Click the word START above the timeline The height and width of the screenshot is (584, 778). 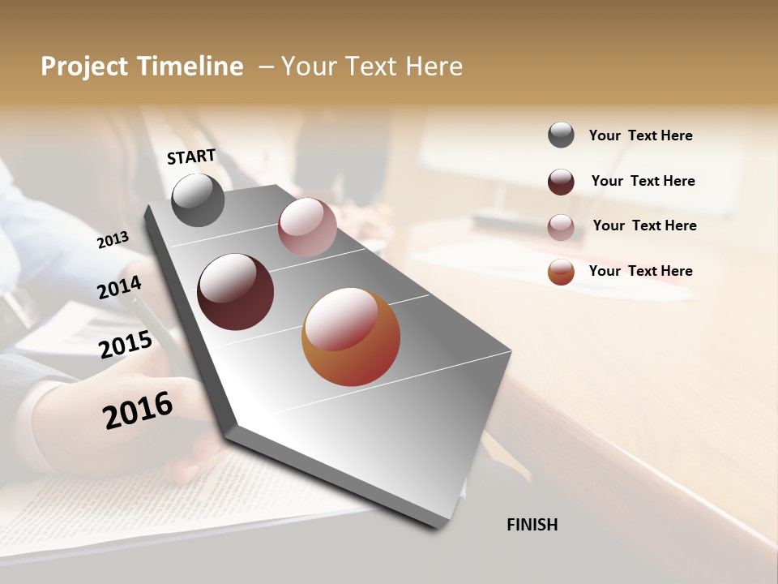tap(191, 157)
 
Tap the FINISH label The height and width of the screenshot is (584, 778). tap(532, 525)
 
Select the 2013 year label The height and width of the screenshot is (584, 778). tap(113, 239)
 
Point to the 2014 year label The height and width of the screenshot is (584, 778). tap(120, 287)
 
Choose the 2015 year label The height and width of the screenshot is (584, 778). tap(126, 345)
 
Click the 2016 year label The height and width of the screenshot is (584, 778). tap(138, 410)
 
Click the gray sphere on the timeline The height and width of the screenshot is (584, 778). tap(198, 200)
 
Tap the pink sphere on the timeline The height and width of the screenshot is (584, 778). tap(307, 227)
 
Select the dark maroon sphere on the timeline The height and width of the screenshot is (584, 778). tap(235, 292)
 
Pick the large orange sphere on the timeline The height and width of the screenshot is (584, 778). tap(351, 337)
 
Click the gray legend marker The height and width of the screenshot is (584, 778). tap(561, 135)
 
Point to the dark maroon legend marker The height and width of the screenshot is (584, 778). tap(561, 182)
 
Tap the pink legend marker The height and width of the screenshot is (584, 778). tap(561, 227)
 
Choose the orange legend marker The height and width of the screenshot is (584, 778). tap(561, 272)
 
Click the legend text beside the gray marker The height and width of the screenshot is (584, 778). tap(640, 135)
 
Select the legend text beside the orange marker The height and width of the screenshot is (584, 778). tap(640, 271)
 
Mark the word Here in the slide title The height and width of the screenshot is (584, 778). tap(434, 67)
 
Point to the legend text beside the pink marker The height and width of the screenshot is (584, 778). tap(644, 225)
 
